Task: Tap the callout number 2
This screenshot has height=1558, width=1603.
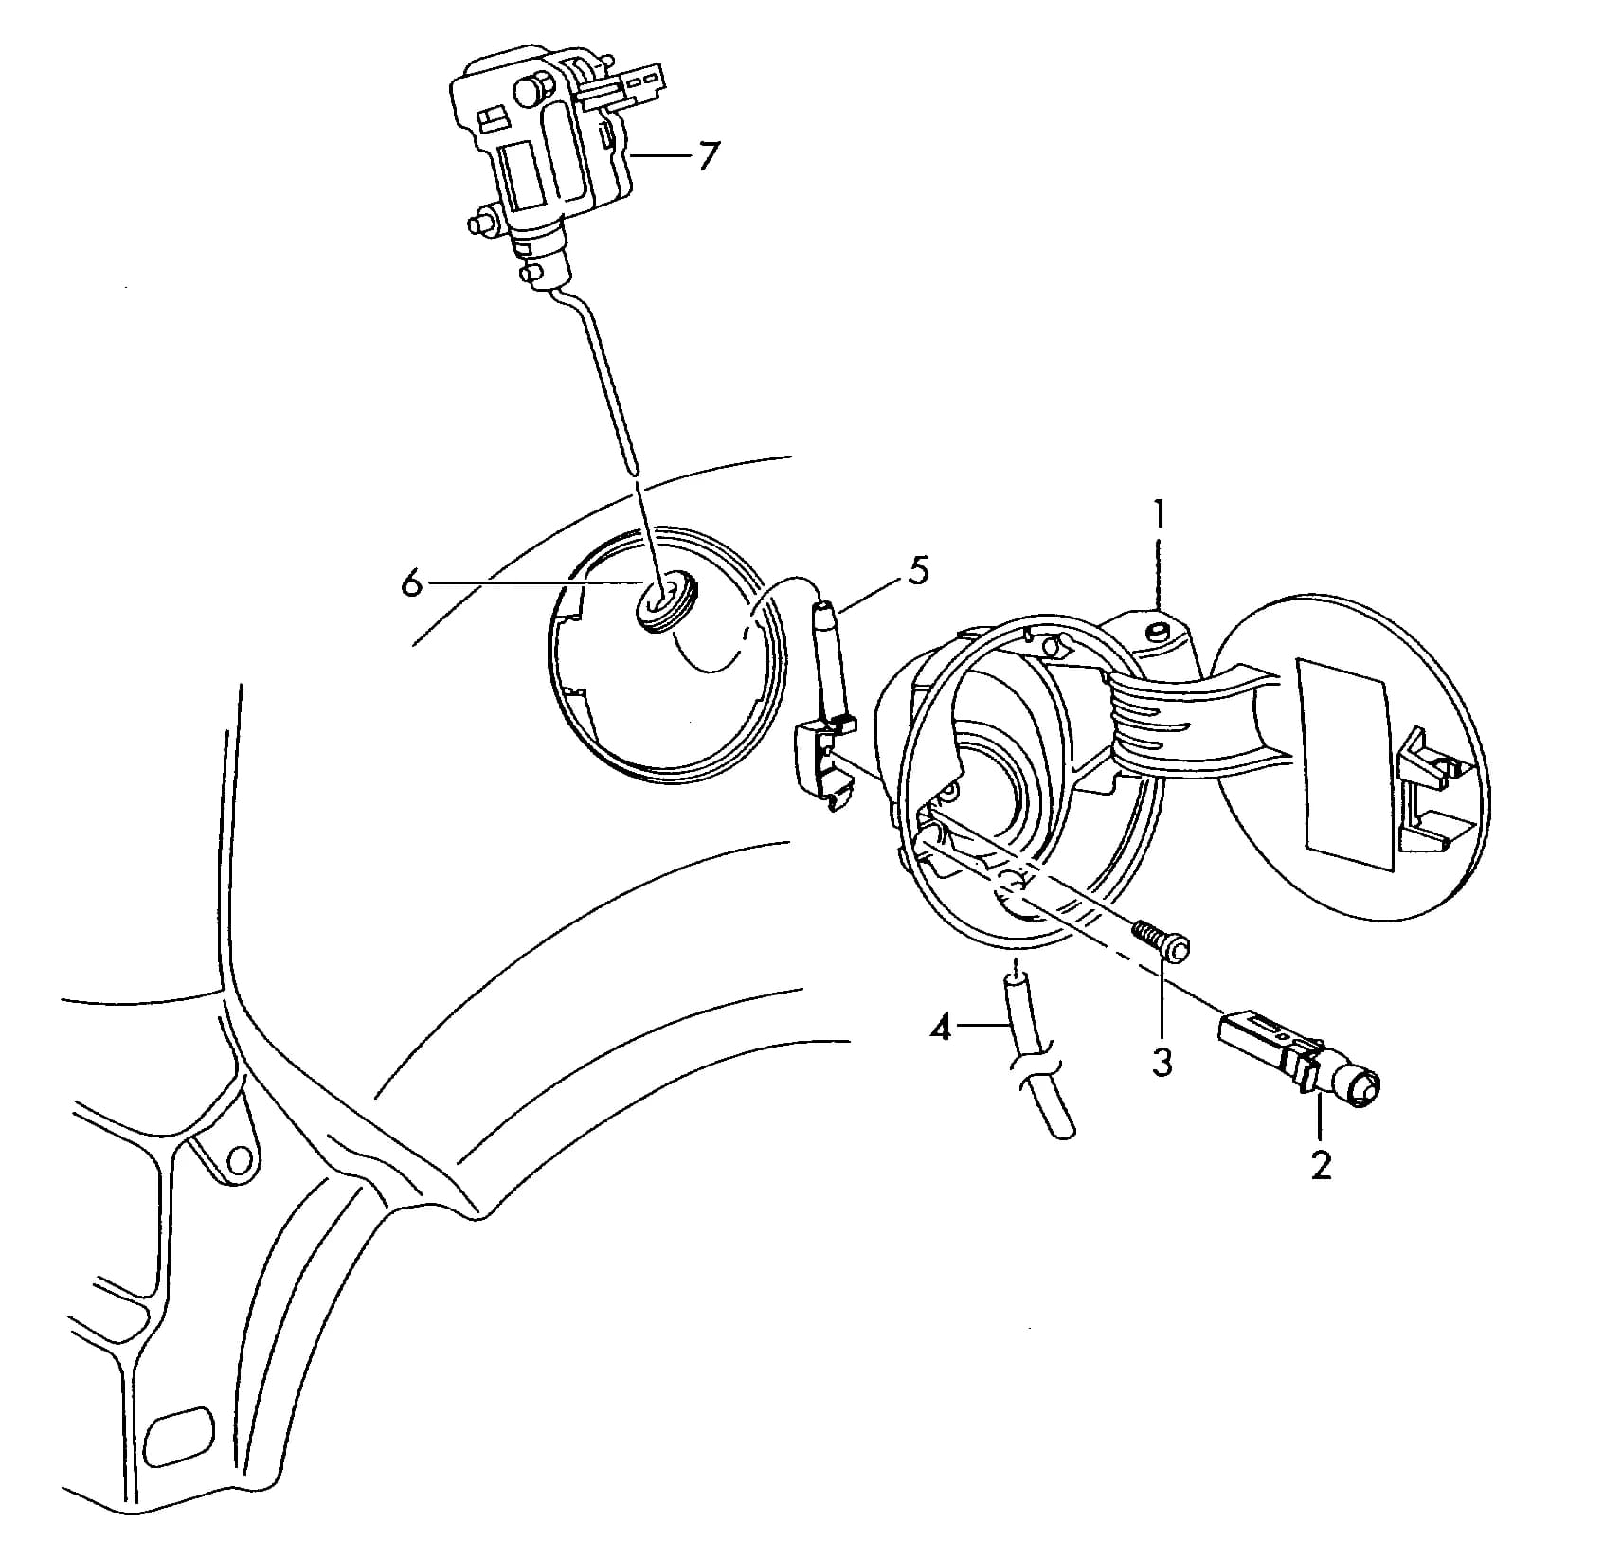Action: pos(1321,1164)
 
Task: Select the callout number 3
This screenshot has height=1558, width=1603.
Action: pos(1162,1062)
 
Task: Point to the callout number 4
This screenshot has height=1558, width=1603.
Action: pos(940,1028)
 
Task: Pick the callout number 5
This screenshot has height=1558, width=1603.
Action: pos(917,571)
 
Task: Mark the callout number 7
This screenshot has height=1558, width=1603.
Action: pos(709,155)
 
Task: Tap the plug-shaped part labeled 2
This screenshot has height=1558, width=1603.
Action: pos(1299,1060)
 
